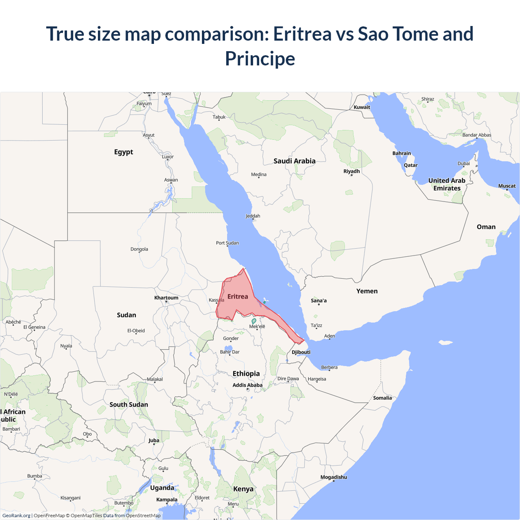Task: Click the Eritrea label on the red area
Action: tap(238, 297)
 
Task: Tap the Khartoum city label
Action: tap(166, 298)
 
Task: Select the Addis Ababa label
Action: tap(247, 385)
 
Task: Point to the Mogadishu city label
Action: tap(334, 477)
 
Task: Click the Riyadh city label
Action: tap(351, 171)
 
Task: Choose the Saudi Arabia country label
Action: tap(294, 161)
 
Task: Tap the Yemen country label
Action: tap(367, 291)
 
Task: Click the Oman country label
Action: tap(486, 227)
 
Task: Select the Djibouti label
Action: tap(301, 352)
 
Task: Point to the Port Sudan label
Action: tap(227, 243)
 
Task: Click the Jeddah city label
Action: tap(253, 216)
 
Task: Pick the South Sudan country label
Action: tap(128, 405)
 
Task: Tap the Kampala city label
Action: tap(167, 499)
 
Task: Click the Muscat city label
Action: tap(507, 186)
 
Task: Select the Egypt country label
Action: tap(123, 152)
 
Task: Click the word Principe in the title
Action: tap(260, 58)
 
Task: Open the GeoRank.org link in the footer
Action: tap(16, 516)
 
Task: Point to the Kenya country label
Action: tap(243, 489)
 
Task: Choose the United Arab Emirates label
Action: tap(447, 184)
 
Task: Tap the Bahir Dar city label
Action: tap(230, 352)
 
